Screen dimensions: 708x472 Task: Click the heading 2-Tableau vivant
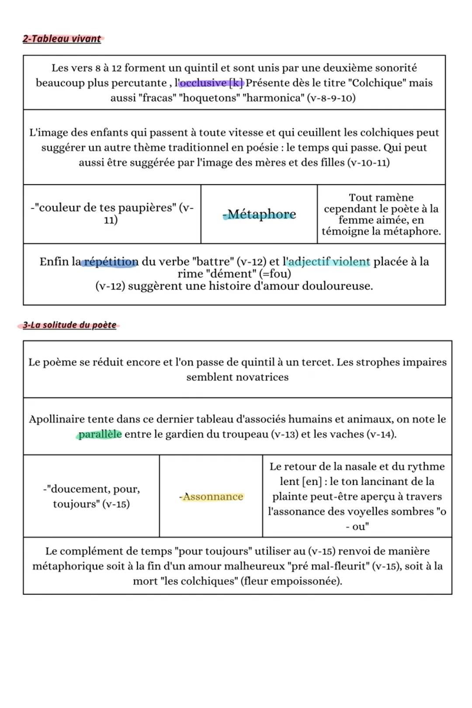click(62, 39)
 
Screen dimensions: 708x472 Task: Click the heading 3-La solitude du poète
click(69, 325)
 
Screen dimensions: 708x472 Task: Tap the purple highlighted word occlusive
click(203, 83)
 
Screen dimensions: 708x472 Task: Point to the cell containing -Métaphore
click(259, 214)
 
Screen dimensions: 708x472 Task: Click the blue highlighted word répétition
click(111, 262)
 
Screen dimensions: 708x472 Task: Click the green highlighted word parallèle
click(100, 434)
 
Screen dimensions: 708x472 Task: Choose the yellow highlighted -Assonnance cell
click(212, 496)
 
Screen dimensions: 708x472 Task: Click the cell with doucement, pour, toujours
click(91, 496)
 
